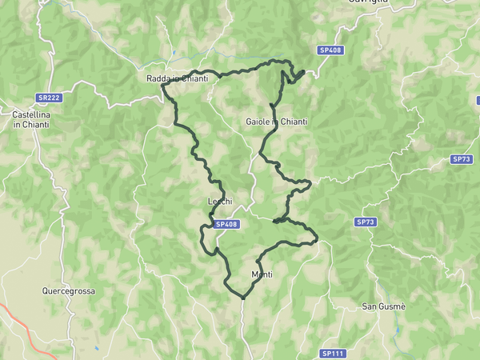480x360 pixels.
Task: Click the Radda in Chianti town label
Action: [x=178, y=78]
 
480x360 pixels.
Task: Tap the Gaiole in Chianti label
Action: [x=277, y=122]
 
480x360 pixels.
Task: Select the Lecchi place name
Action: [x=220, y=202]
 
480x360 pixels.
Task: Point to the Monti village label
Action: [x=262, y=274]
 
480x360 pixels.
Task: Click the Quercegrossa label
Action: [x=68, y=291]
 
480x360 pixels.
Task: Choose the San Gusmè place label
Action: [x=384, y=306]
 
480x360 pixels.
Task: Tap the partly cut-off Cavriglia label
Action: [x=368, y=2]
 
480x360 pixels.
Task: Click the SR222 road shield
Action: [x=49, y=98]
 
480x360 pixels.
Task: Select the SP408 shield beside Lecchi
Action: [x=226, y=225]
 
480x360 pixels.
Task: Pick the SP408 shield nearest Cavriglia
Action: [x=330, y=50]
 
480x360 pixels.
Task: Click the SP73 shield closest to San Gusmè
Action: [x=366, y=222]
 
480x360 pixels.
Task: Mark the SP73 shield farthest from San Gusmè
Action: [x=462, y=159]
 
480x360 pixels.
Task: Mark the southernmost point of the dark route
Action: [x=242, y=298]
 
